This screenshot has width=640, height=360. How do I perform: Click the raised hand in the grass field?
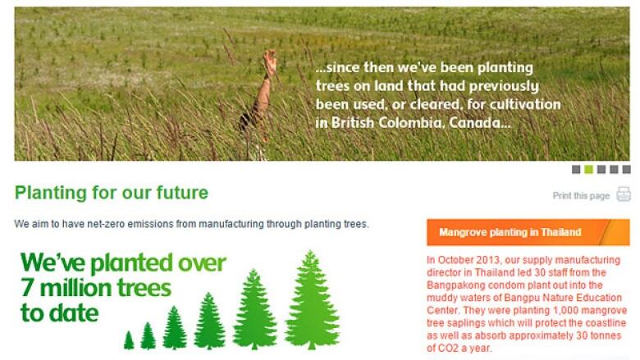(x=269, y=62)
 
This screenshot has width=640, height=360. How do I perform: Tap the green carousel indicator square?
(x=588, y=169)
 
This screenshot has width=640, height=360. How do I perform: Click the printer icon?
(x=624, y=194)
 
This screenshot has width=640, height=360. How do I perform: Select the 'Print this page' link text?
(x=581, y=196)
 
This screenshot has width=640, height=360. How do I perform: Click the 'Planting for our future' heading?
(x=112, y=193)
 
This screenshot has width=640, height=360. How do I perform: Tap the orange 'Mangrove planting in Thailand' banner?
(x=528, y=232)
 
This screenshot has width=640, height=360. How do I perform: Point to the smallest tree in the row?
(x=129, y=340)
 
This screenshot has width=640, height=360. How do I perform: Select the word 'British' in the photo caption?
(x=353, y=123)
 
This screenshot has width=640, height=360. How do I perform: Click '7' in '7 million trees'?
(x=27, y=288)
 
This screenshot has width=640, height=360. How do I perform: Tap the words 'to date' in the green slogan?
(x=60, y=313)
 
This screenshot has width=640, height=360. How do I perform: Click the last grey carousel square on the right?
(x=626, y=169)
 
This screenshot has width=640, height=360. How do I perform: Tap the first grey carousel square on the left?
(x=575, y=169)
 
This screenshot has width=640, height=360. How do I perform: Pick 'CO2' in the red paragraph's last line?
(x=446, y=349)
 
